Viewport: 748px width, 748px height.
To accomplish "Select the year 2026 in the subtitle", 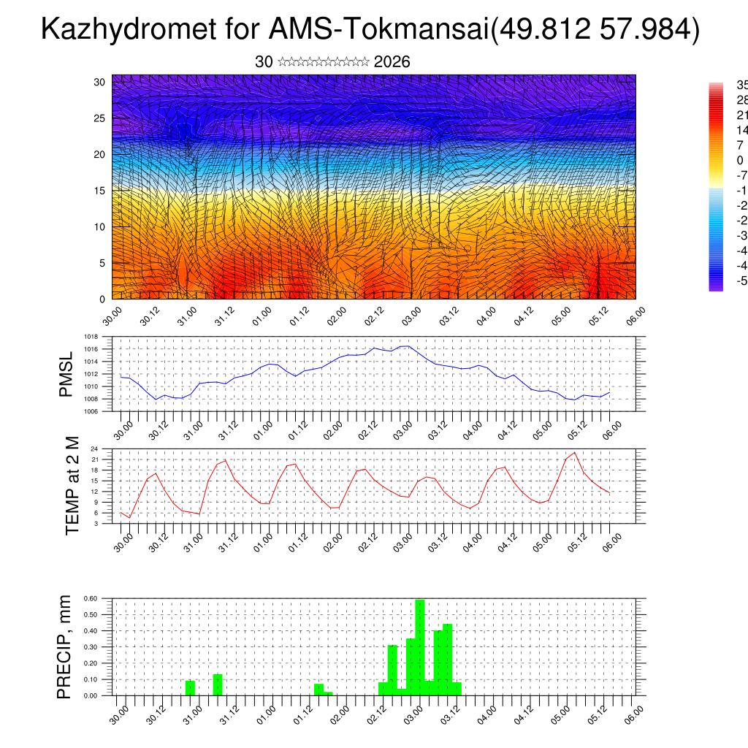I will [392, 62].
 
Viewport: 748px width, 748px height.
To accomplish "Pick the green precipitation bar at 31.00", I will [190, 687].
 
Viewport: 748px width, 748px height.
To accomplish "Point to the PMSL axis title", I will [66, 374].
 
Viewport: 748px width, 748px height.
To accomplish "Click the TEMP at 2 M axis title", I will [72, 486].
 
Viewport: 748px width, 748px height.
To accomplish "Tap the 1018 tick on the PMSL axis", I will [91, 337].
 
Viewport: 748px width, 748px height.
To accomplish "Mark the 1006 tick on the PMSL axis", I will [91, 411].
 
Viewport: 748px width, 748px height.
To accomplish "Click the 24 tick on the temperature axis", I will [95, 449].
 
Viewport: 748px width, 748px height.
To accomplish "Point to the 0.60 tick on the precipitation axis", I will [90, 598].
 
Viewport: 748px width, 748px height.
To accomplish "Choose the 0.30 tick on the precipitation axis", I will [90, 647].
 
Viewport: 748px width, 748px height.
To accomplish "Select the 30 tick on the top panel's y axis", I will [99, 82].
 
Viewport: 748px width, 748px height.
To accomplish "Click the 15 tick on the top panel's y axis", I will [99, 191].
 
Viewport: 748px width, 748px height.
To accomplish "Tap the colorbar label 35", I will [740, 85].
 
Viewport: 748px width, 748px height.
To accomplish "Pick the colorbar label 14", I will [740, 130].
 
